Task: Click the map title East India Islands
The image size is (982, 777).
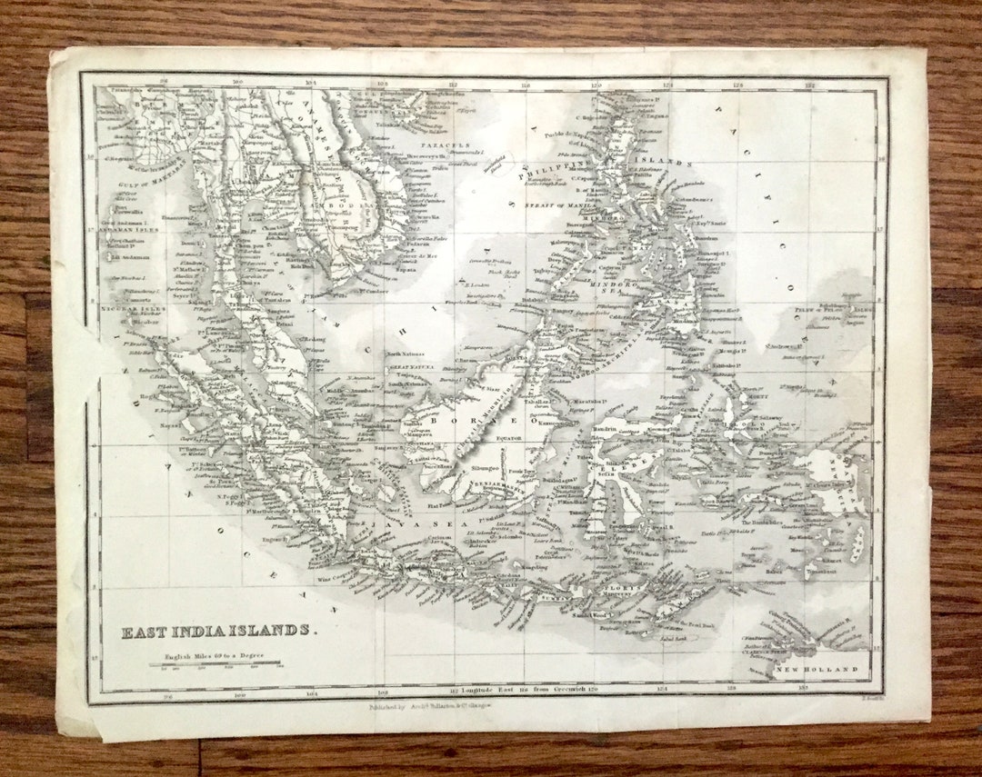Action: click(x=220, y=631)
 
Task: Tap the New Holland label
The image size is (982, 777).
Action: click(x=816, y=670)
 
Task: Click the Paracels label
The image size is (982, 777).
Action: click(x=445, y=144)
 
